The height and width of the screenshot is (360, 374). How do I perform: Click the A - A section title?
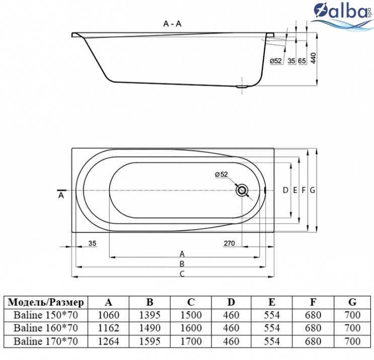(x=172, y=24)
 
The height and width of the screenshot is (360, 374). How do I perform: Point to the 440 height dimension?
(x=313, y=58)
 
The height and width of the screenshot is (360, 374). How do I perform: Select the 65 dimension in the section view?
(x=302, y=61)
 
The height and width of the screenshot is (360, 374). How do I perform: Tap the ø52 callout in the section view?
(x=276, y=61)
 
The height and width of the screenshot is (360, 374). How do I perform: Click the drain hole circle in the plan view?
(x=242, y=191)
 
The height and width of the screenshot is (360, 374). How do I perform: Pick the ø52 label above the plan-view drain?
(x=221, y=174)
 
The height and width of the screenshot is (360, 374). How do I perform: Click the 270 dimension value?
(x=229, y=243)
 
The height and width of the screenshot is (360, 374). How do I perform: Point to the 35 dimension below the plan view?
(x=92, y=243)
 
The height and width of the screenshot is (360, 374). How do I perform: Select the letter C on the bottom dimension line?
(x=182, y=274)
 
